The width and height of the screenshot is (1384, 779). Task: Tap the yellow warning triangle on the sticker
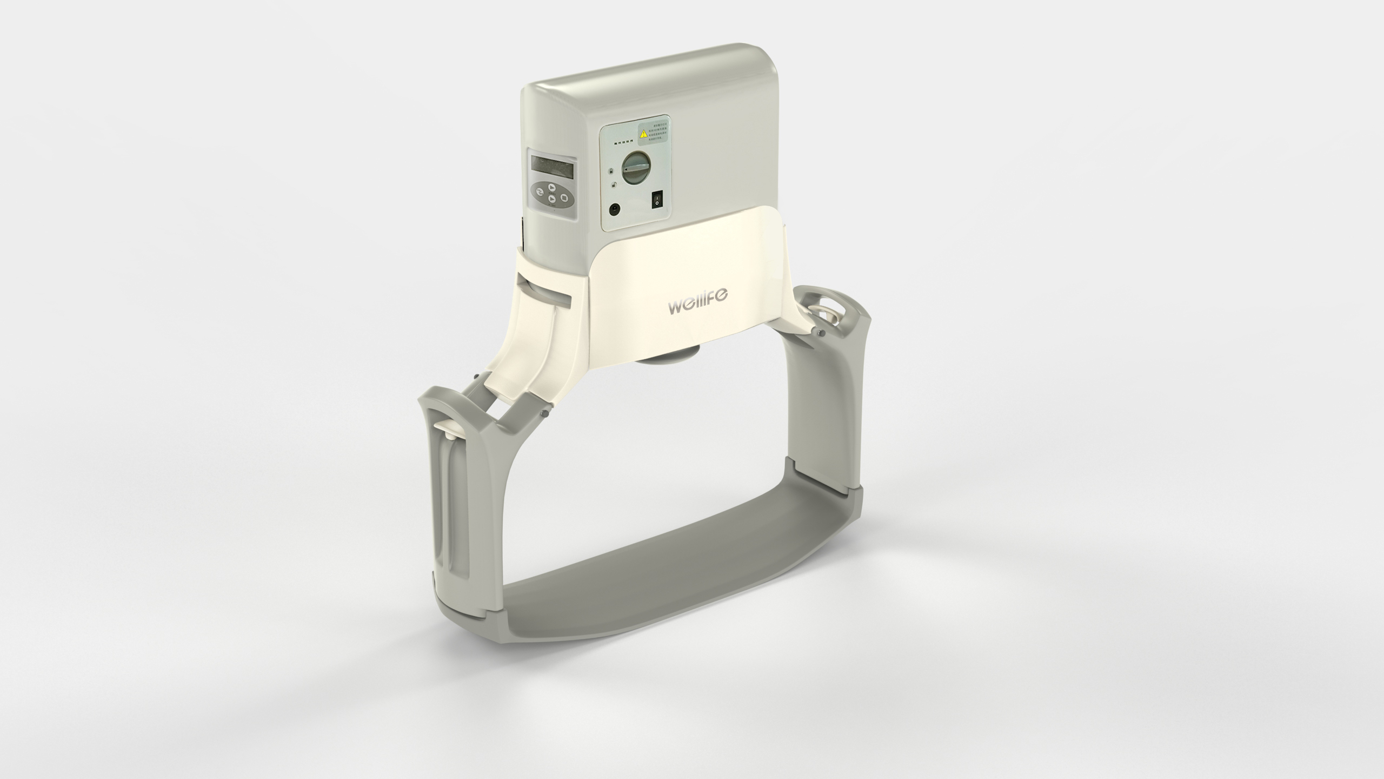[643, 134]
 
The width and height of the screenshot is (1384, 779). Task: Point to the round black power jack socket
[615, 208]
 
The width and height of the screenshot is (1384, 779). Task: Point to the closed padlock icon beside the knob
[611, 171]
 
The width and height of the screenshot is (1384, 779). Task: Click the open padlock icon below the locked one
[613, 185]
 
